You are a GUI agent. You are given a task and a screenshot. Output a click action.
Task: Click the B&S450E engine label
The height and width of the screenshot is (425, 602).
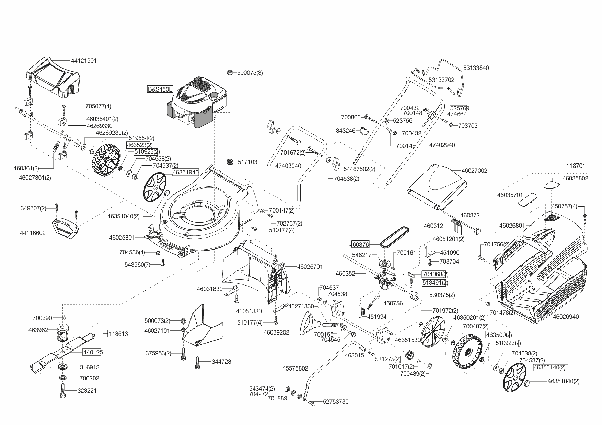click(x=160, y=89)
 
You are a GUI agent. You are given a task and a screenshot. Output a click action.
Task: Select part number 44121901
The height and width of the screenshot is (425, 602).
click(x=84, y=61)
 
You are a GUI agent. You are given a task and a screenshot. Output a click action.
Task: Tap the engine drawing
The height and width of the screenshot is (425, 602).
click(x=197, y=103)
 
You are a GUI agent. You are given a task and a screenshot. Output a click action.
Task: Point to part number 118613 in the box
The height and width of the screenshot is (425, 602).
click(x=117, y=334)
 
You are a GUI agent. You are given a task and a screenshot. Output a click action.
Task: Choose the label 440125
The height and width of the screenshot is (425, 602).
click(x=92, y=352)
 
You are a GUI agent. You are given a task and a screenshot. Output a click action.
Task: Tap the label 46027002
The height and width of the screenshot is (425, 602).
click(x=474, y=171)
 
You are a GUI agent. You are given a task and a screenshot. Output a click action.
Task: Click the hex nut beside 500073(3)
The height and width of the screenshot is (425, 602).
click(x=230, y=73)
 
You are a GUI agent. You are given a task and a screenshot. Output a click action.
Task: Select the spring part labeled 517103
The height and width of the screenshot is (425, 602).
click(x=229, y=161)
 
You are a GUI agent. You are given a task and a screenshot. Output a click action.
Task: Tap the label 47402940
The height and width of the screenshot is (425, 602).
click(x=442, y=145)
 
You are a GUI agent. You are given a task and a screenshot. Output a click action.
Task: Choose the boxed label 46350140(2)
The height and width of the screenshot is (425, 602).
click(x=549, y=368)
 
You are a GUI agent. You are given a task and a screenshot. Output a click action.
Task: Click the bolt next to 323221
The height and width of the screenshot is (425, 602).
click(x=63, y=390)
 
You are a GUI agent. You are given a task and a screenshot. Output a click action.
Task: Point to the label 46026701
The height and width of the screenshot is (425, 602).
click(x=310, y=266)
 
